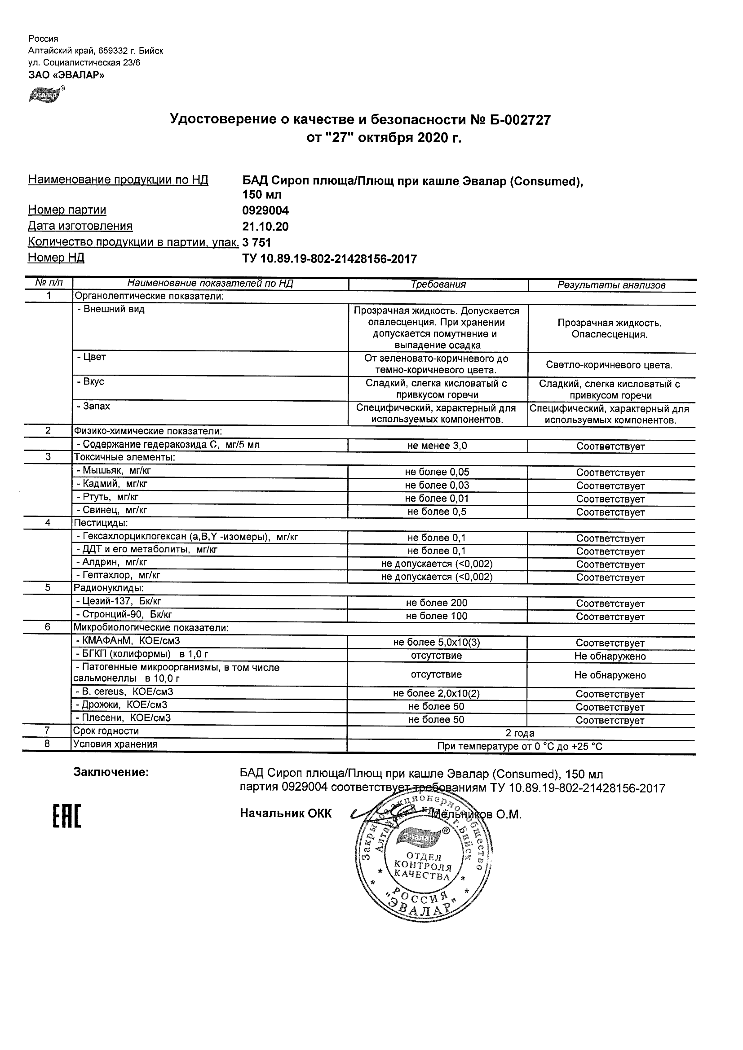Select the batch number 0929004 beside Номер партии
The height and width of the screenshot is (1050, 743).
[265, 210]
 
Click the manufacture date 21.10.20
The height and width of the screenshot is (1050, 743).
[265, 226]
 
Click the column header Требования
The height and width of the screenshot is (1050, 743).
[438, 284]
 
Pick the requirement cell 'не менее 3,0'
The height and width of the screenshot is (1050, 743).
[437, 446]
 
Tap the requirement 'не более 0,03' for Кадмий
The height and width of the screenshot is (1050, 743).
[437, 485]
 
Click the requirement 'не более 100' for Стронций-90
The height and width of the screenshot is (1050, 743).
[437, 616]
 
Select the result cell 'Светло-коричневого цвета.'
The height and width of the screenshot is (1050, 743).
[609, 365]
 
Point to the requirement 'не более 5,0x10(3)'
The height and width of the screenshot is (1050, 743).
[437, 643]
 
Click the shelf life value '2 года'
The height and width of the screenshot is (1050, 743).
[520, 734]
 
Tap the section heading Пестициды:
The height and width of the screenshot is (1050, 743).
[101, 522]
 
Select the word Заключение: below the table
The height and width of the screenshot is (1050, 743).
[111, 772]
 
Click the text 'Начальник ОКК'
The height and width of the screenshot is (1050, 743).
[286, 813]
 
